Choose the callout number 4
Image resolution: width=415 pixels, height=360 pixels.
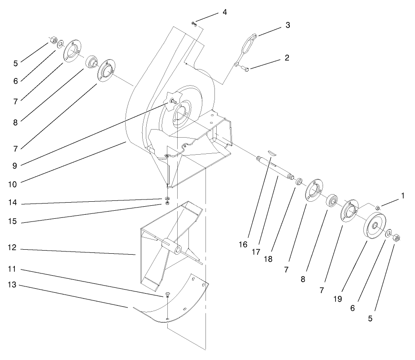coord(224,12)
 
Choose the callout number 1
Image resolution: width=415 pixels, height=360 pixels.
coord(403,195)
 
